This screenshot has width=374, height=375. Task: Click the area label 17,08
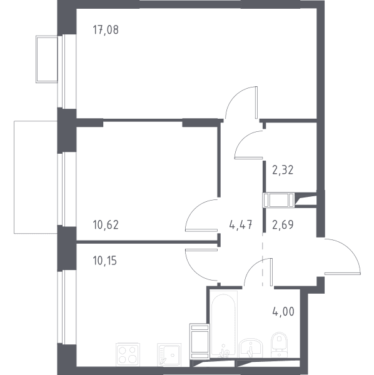click(106, 30)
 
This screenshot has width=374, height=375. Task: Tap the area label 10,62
click(106, 225)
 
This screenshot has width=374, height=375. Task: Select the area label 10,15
click(104, 261)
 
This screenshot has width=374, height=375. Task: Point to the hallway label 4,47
click(241, 225)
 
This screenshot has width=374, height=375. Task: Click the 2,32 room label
click(283, 170)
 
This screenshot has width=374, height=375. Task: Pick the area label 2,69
click(283, 225)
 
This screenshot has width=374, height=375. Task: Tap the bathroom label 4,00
click(283, 312)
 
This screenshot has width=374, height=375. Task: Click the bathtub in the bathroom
click(223, 324)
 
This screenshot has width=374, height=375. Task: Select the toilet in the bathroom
click(279, 344)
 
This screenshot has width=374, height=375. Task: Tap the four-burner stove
click(128, 354)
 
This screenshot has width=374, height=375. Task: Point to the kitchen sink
click(169, 354)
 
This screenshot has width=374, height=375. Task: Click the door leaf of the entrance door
click(342, 273)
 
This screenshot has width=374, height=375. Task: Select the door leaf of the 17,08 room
click(256, 102)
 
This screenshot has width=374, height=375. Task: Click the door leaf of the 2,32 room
click(249, 158)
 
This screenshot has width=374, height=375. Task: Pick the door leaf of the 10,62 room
click(201, 230)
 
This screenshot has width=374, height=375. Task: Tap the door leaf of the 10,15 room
click(201, 249)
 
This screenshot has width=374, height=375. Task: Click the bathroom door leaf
click(271, 272)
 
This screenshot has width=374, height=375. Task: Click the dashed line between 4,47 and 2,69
click(263, 259)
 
